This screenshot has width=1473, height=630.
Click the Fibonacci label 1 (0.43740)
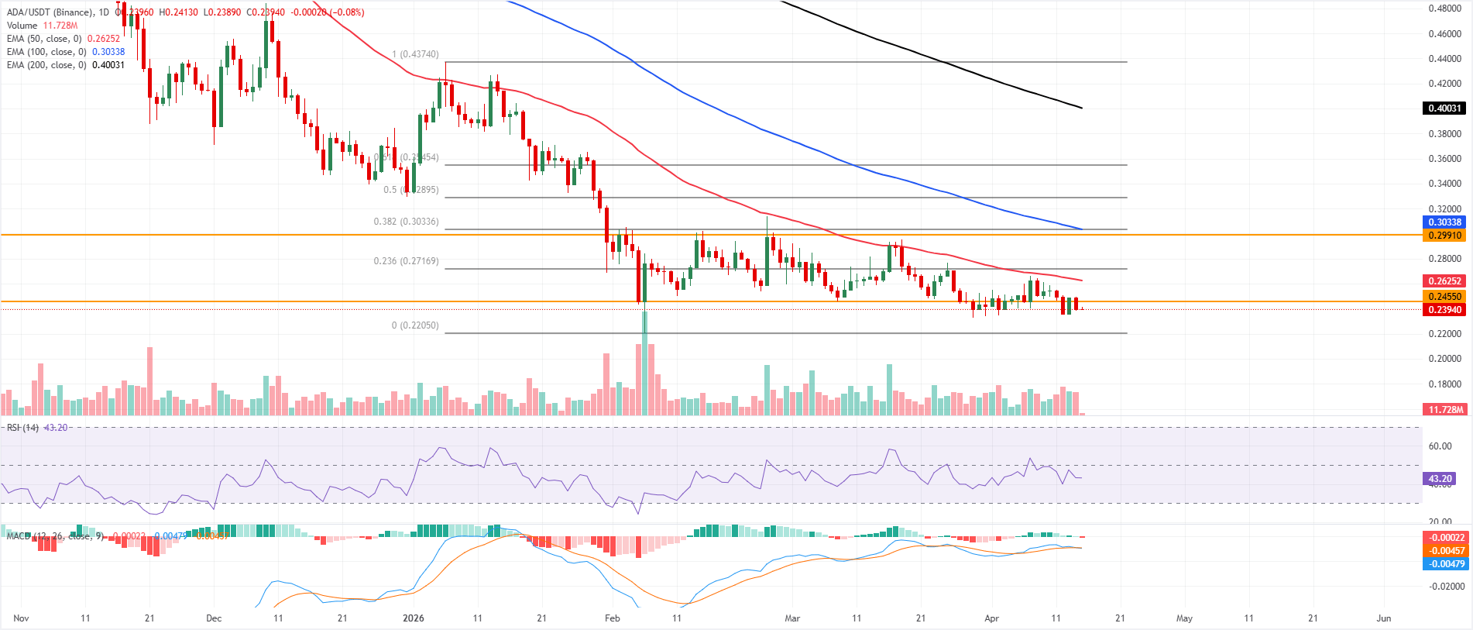tap(415, 54)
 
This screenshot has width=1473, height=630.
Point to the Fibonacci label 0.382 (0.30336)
tap(406, 222)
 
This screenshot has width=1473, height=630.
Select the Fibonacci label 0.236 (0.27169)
tap(406, 261)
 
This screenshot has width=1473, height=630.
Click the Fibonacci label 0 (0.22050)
tap(415, 325)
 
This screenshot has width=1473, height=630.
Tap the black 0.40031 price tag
tap(1444, 108)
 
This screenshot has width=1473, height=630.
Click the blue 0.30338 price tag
tap(1444, 222)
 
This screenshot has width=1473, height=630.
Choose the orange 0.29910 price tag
tap(1444, 236)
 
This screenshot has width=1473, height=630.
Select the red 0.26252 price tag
tap(1444, 281)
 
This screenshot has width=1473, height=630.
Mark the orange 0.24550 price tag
tap(1444, 297)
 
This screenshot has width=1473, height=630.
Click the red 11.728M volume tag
tap(1445, 410)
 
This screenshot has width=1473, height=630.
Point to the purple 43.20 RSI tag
tap(1440, 479)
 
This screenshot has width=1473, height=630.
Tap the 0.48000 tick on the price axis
tap(1444, 9)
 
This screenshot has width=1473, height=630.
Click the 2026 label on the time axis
tap(414, 618)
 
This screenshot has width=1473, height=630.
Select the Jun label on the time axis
tap(1383, 618)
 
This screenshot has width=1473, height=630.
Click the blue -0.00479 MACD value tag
tap(1445, 564)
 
